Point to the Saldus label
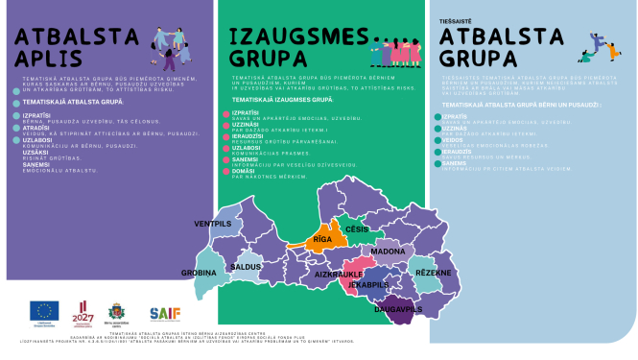[247, 265]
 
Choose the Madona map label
[389, 252]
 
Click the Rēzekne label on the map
[433, 274]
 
